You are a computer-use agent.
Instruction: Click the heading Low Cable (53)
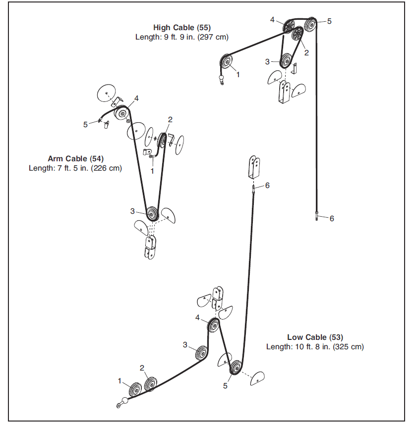(x=315, y=337)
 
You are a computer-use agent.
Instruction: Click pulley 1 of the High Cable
(x=226, y=63)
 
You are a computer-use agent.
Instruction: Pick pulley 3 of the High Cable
(x=285, y=61)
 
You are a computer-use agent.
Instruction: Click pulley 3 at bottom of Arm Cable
(x=152, y=214)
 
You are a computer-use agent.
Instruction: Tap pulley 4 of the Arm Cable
(x=120, y=114)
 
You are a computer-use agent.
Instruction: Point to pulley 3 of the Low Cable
(x=201, y=353)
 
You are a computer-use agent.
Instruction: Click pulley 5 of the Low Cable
(x=236, y=369)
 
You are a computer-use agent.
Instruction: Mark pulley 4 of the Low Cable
(x=214, y=325)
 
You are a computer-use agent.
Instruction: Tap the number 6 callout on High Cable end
(x=332, y=219)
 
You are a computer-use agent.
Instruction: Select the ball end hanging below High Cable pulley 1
(x=221, y=78)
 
